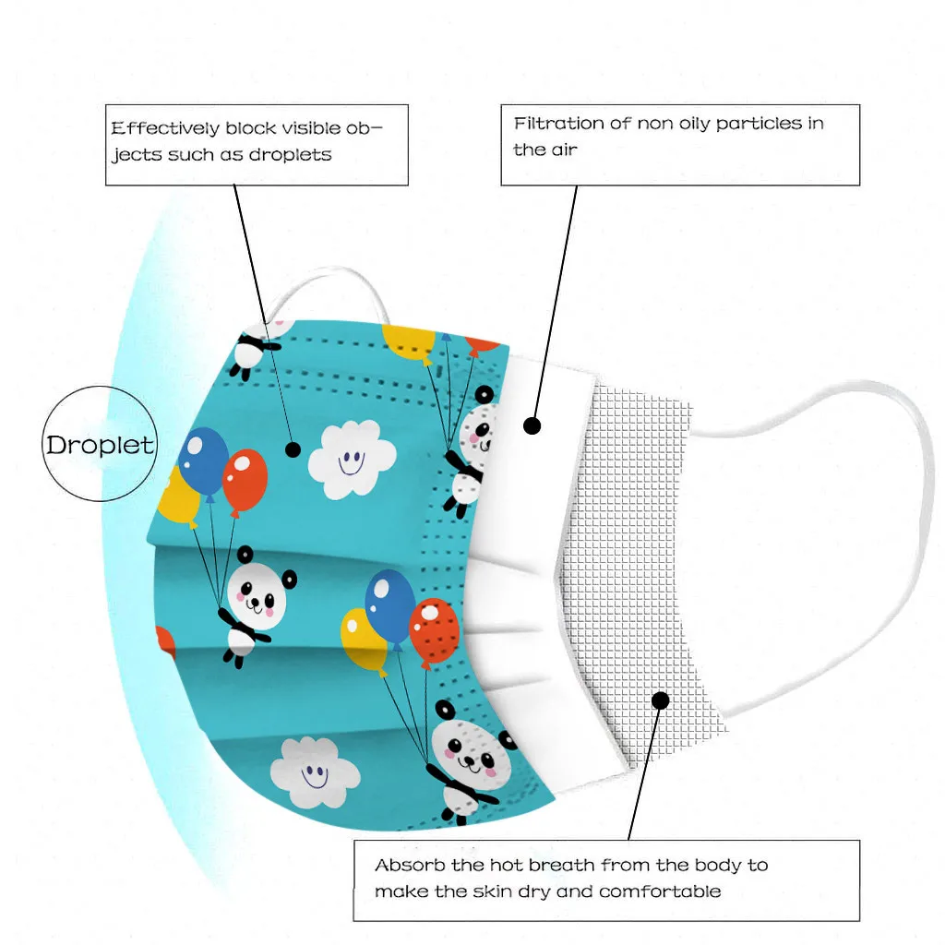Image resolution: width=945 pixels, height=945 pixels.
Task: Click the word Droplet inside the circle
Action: tap(101, 445)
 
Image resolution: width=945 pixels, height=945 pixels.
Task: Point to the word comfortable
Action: tap(660, 891)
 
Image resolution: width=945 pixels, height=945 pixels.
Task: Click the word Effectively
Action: tap(165, 128)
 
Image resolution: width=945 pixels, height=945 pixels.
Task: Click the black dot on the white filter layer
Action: tap(532, 425)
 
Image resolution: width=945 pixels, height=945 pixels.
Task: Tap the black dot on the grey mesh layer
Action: tap(660, 700)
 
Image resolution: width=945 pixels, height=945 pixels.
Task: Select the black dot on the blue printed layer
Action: tap(293, 449)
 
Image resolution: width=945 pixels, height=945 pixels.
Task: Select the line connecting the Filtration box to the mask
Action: tap(556, 295)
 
